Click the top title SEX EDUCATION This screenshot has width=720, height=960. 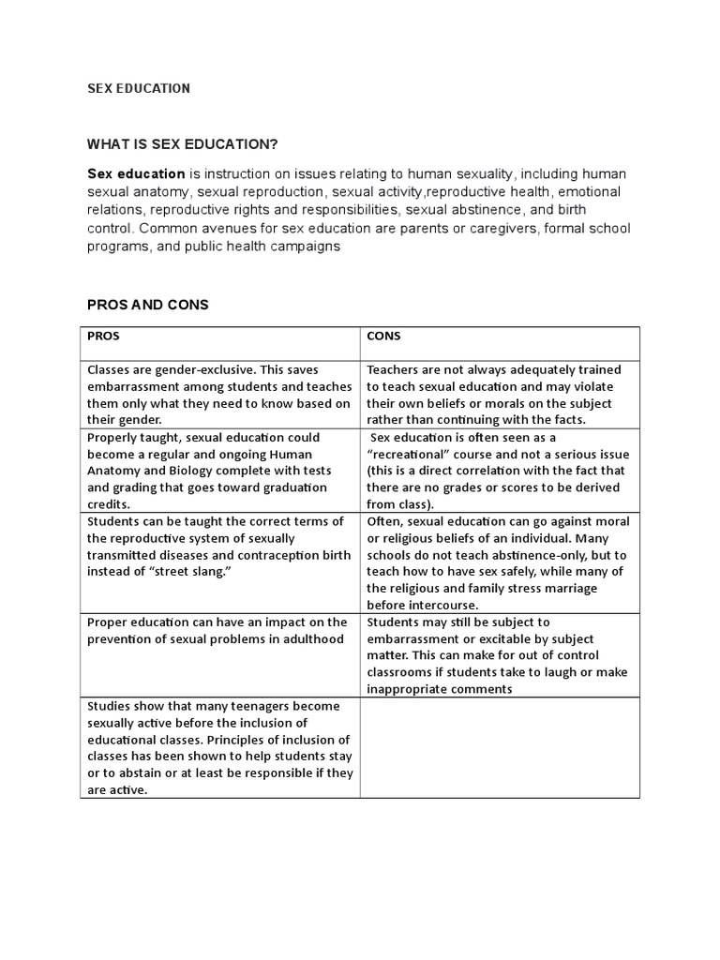139,88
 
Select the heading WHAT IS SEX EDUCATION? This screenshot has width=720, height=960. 183,143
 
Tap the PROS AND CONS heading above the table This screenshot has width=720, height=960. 147,306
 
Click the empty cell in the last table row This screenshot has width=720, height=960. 500,747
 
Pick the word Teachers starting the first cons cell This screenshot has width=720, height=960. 394,369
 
